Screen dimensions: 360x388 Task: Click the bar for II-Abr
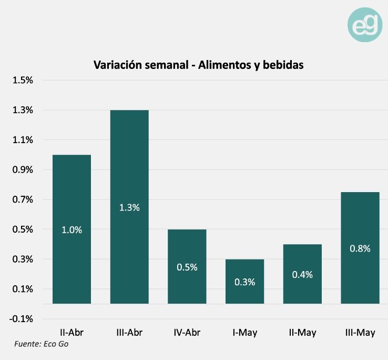72,229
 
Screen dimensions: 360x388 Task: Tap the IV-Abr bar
187,266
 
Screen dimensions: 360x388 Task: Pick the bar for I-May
244,281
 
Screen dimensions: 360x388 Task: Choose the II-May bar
302,274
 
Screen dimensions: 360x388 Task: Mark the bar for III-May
360,247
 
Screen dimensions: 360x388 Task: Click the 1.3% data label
129,207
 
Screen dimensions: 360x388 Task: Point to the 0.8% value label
360,248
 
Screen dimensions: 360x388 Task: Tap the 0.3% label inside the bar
244,282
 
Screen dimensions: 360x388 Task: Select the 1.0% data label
72,230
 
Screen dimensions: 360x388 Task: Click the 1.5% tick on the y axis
23,81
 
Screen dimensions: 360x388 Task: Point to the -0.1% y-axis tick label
22,319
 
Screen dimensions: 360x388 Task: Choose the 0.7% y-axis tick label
23,200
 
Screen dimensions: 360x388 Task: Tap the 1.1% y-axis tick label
23,140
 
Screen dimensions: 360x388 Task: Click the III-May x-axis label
360,333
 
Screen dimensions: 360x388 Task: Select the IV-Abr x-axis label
187,333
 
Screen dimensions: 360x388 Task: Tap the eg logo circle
365,25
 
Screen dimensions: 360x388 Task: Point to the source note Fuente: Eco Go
41,344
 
